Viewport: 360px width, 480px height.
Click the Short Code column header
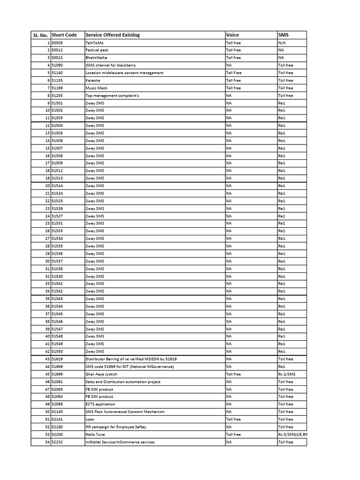tap(64, 35)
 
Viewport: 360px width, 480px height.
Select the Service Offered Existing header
tap(112, 35)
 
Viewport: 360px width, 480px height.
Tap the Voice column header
tap(232, 35)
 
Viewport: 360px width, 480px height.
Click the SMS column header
tap(283, 35)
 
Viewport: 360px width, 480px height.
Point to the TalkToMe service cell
tap(94, 43)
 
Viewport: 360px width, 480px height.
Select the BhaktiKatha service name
tap(97, 58)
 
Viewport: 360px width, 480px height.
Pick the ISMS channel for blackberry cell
tap(111, 65)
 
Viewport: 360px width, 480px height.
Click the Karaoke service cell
tap(93, 80)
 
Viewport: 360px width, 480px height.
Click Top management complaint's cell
tap(112, 95)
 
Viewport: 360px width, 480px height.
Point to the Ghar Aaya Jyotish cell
tap(101, 374)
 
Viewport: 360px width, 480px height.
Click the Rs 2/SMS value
tap(286, 374)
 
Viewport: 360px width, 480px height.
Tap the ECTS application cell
tap(100, 404)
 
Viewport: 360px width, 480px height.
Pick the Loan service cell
tap(90, 419)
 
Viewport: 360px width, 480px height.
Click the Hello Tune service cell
tap(95, 434)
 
